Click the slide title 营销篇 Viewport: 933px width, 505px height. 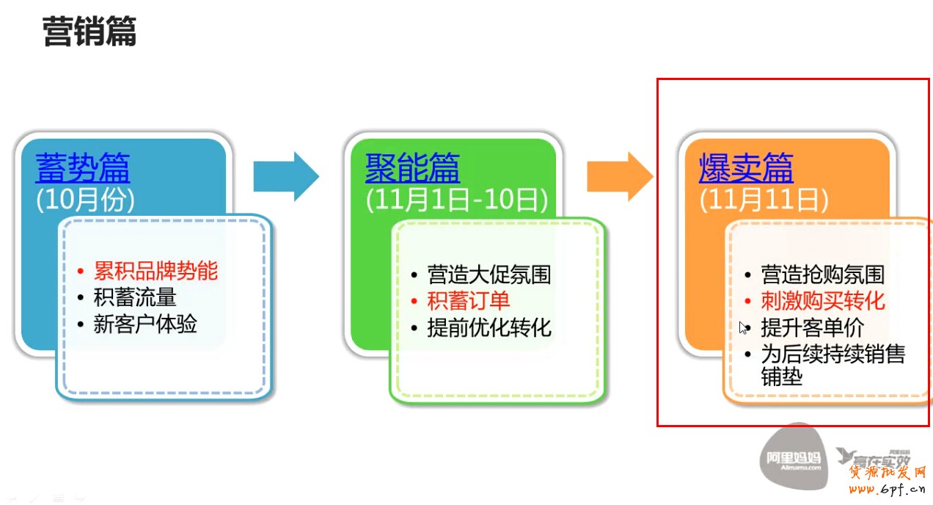coord(89,33)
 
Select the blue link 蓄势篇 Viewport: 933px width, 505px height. coord(83,168)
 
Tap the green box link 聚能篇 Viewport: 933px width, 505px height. coord(412,168)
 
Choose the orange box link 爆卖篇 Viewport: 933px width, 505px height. coord(746,168)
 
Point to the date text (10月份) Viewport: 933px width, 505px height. coord(85,200)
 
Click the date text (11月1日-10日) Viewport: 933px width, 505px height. coord(456,200)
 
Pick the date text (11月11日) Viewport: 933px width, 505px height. coord(764,200)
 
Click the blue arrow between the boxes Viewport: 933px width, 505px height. coord(285,176)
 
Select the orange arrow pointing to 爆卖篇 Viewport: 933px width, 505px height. coord(619,176)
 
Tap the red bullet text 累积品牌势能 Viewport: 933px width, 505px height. coord(155,271)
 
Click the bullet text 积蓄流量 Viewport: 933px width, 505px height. coord(135,297)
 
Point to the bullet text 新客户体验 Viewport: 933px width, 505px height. coord(145,324)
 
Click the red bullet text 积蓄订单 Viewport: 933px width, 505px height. coord(469,300)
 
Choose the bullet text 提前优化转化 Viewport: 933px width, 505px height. coord(489,327)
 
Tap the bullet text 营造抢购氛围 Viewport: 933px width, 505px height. coord(822,275)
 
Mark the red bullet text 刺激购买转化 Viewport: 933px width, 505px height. coord(822,300)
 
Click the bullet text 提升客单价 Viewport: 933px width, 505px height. coord(812,327)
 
